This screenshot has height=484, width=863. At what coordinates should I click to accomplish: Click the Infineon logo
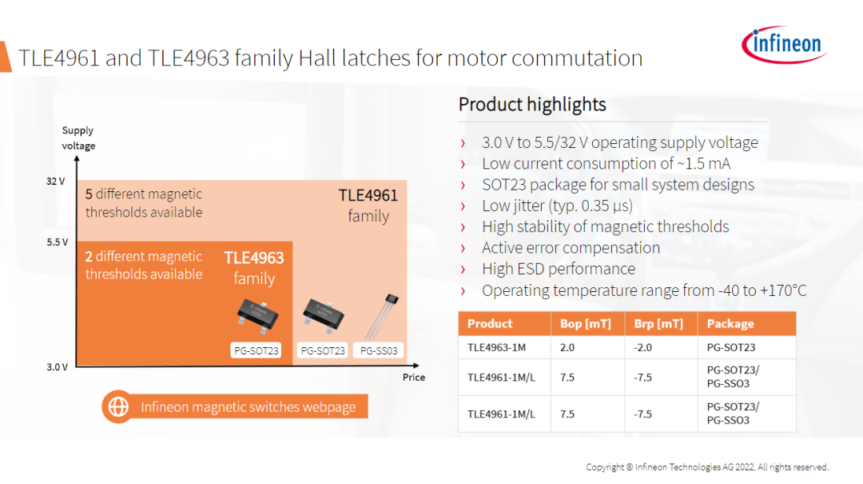[x=785, y=44]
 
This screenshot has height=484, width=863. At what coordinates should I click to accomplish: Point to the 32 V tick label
[x=56, y=182]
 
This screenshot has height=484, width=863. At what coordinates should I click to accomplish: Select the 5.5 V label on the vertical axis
[x=58, y=242]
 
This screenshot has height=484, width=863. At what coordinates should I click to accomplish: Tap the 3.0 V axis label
[x=58, y=367]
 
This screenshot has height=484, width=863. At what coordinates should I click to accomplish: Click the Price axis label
[x=414, y=377]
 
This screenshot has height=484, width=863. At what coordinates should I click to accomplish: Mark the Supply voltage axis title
[x=78, y=138]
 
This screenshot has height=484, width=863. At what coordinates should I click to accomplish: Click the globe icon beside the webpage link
[x=117, y=407]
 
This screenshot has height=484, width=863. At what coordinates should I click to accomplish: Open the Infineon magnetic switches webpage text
[x=249, y=407]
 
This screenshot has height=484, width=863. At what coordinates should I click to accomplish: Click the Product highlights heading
[x=532, y=104]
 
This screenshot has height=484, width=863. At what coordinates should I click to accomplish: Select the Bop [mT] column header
[x=586, y=323]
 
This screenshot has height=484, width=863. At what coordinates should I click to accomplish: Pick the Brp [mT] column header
[x=658, y=323]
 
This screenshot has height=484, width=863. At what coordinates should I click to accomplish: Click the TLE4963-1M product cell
[x=496, y=347]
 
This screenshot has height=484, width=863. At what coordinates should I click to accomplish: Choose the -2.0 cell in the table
[x=642, y=347]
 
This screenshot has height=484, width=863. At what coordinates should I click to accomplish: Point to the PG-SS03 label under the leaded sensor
[x=379, y=350]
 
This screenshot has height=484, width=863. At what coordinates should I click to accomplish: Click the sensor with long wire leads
[x=382, y=317]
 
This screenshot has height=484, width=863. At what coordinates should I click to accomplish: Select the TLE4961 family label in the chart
[x=368, y=206]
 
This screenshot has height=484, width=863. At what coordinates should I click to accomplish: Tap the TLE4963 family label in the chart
[x=254, y=268]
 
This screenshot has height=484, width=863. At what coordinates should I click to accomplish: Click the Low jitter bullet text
[x=558, y=206]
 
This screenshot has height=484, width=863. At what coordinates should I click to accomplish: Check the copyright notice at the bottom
[x=707, y=467]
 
